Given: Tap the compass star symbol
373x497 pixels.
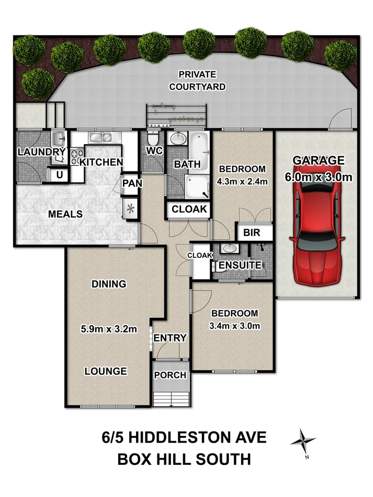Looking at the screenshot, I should [x=303, y=441].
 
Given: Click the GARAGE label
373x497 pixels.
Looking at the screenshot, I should [x=318, y=161].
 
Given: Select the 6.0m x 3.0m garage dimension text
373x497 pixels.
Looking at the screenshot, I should [x=318, y=177].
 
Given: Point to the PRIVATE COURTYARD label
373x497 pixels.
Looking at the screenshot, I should [x=197, y=81].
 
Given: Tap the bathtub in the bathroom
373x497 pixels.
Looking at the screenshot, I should [x=199, y=146].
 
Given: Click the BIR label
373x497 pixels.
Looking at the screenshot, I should [x=252, y=233].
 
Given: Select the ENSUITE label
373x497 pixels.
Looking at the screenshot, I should [x=233, y=266].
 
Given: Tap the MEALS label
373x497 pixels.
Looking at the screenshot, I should [x=66, y=214].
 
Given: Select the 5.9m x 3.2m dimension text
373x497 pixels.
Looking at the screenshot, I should [x=109, y=329].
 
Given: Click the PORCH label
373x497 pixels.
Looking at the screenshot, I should [x=170, y=375].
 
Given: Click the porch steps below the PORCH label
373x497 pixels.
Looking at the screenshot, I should [x=170, y=399].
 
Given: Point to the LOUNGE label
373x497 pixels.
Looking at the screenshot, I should [x=105, y=371].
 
